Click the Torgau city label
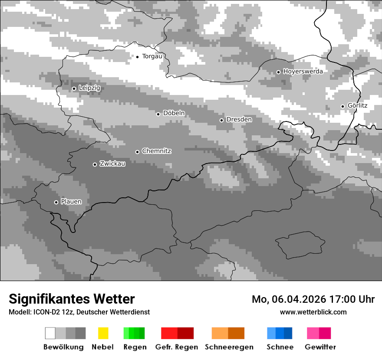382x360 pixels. pos(152,56)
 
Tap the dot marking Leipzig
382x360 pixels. pos(74,88)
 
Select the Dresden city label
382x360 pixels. pos(239,119)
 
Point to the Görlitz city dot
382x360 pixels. pos(342,106)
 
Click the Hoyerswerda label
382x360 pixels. pos(303,72)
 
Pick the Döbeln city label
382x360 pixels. pos(174,113)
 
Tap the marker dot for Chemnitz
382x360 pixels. pos(138,152)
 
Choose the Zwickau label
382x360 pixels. pos(112,164)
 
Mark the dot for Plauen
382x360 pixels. pos(56,202)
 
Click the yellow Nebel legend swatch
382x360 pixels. pos(103,333)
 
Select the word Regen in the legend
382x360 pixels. pos(135,347)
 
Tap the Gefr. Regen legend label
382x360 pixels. pos(177,347)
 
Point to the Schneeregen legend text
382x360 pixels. pos(229,347)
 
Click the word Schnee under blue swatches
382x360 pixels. pos(280,347)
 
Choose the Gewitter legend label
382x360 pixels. pos(320,347)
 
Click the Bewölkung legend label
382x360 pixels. pos(63,347)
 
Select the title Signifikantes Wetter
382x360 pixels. pos(72,299)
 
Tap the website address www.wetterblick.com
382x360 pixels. pos(313,312)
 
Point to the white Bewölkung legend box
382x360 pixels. pos(50,333)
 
